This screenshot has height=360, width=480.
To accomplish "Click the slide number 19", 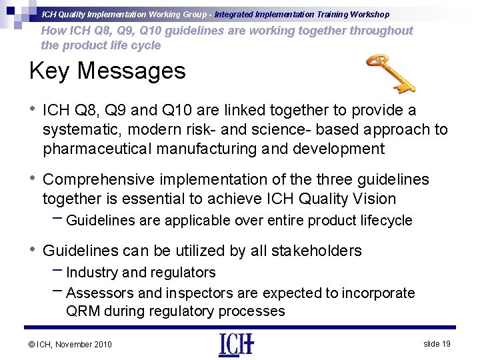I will (437, 343).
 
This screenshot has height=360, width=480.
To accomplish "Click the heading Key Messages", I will (107, 70).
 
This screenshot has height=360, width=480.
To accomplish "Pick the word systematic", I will (83, 129).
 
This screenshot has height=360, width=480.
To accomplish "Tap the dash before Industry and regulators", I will (57, 271).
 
